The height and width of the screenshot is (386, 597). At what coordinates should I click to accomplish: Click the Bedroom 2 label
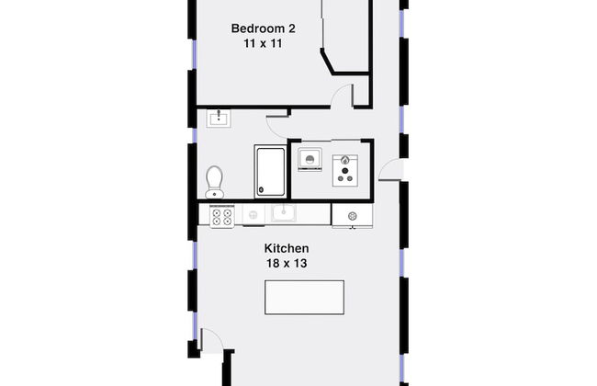coord(263,28)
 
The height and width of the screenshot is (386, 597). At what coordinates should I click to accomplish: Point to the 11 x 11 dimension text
coord(263,43)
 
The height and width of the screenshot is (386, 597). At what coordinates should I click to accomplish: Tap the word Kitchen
coord(287,248)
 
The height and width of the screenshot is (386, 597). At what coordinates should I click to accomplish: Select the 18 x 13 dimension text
coord(287,263)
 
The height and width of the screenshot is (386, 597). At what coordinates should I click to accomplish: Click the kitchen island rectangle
coord(304,297)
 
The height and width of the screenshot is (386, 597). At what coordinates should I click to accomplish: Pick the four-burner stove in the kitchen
coord(222,216)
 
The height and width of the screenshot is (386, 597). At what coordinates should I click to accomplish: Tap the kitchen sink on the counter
coord(283,213)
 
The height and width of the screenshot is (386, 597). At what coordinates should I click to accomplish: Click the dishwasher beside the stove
coord(253,215)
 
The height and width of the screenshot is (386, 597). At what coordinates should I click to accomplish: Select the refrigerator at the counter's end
coord(352,216)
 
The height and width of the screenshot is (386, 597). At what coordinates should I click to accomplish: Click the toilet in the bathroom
coord(214,182)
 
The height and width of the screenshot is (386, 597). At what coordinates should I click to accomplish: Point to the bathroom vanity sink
coord(219,119)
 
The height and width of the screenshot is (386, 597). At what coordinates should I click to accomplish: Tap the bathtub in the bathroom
coord(270,172)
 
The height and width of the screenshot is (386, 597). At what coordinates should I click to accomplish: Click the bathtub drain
coord(261,189)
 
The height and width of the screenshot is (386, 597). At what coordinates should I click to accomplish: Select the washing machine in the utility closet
coord(310,159)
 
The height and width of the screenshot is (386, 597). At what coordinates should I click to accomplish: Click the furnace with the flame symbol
coord(345,170)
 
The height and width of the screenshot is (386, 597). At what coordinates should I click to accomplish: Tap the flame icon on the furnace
coord(345,160)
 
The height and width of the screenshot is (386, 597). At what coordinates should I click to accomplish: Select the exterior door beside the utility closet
coord(390,170)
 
